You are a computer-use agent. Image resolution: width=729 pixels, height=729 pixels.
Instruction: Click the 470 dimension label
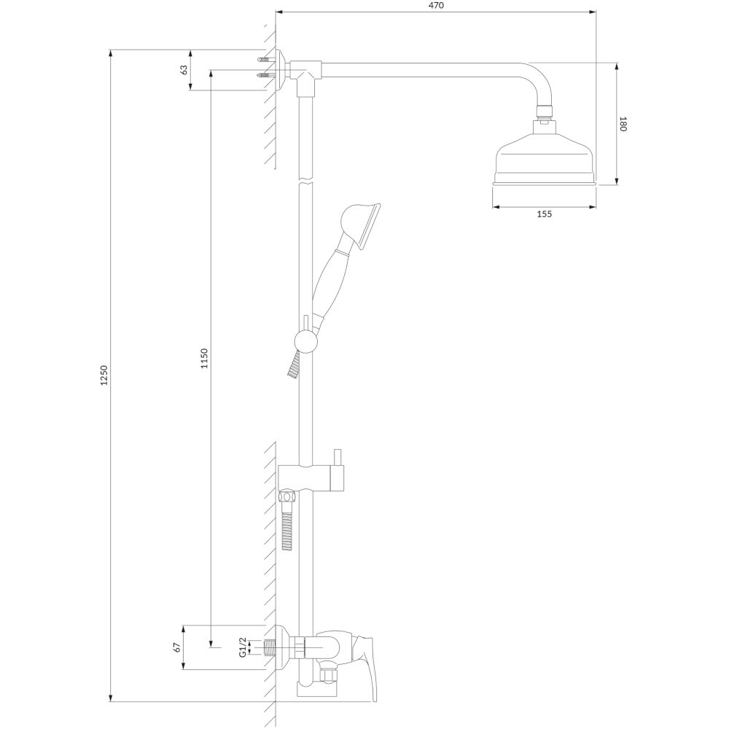point(436,6)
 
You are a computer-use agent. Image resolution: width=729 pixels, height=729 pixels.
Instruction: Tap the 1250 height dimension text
point(104,375)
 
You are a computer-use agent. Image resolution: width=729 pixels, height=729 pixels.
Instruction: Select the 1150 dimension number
point(204,358)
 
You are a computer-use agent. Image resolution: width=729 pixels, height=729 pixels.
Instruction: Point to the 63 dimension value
point(184,70)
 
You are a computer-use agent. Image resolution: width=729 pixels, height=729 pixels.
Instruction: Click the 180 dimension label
point(623,124)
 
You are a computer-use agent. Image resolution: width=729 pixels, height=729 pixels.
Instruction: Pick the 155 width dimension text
point(545,214)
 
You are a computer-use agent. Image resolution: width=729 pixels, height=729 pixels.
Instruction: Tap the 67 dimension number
point(176,647)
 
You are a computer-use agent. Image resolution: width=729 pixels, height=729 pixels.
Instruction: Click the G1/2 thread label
point(242,647)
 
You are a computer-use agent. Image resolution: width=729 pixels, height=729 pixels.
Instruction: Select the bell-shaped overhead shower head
point(545,155)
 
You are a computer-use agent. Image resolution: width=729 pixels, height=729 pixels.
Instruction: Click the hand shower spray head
point(362,223)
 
